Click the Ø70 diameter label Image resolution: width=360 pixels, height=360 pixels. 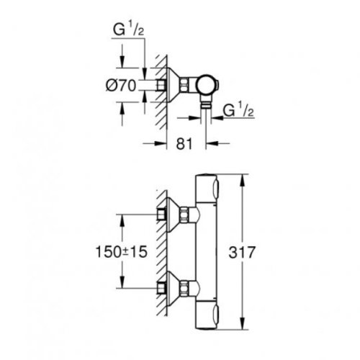coord(121,85)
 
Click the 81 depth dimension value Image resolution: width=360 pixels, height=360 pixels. coord(184,144)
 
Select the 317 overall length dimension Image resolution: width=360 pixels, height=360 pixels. coord(241,252)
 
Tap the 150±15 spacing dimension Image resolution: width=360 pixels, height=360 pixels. coord(121,252)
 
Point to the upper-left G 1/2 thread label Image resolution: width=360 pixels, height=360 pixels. coord(128,30)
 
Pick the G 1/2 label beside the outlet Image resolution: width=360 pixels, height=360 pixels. coord(238,110)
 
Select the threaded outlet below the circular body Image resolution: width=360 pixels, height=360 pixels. coord(206,103)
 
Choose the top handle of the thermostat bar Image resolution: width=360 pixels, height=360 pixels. coord(207,188)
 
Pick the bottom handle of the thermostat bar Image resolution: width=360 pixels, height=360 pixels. coord(207,315)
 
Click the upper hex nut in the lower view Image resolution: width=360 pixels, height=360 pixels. coord(184,212)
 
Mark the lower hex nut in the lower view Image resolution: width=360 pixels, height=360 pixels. coord(184,287)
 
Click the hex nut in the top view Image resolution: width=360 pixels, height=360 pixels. coord(184,85)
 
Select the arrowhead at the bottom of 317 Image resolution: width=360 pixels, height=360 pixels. coord(243,323)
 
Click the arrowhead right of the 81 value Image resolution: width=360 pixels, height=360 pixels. coord(212,143)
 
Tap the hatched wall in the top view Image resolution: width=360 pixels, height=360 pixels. coord(161,92)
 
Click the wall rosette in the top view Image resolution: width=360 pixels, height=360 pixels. coord(173,85)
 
